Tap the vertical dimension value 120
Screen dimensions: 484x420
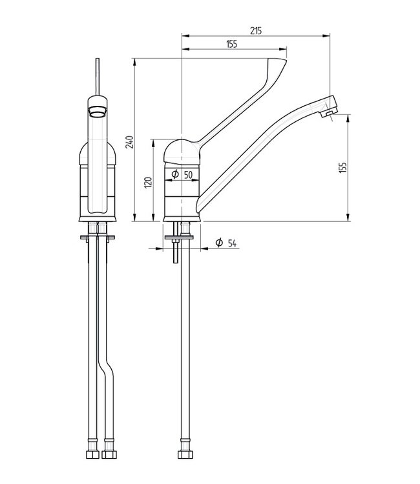147,183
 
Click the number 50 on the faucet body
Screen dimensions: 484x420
188,174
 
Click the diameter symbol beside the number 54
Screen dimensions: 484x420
219,243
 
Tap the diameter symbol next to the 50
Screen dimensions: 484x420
175,174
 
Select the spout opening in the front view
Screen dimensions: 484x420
98,111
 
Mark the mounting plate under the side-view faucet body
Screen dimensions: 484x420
182,239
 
